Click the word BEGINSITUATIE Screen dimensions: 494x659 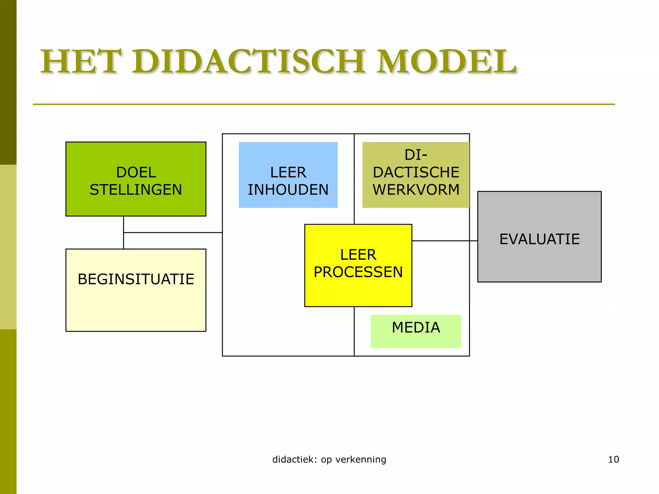point(136,279)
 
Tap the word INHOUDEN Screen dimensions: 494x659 point(288,190)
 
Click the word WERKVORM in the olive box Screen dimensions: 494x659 point(416,190)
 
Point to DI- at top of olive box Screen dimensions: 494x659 point(416,155)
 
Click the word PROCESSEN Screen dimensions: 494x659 point(358,272)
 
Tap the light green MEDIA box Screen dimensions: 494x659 point(416,339)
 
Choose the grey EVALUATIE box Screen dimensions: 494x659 point(539,261)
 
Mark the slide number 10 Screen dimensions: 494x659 point(613,460)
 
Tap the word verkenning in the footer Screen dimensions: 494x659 point(361,460)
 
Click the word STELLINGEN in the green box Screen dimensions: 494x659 point(136,190)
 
